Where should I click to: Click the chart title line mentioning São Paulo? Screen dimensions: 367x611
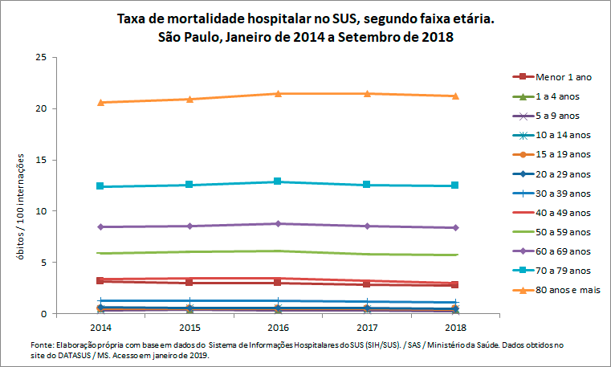tap(305, 37)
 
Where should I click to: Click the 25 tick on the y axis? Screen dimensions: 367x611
tap(40, 57)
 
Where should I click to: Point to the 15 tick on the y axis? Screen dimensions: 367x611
tap(40, 160)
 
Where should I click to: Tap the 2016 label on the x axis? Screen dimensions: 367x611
tap(278, 328)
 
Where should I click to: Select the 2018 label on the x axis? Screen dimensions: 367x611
tap(455, 328)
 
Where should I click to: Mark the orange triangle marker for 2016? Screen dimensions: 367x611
tap(278, 93)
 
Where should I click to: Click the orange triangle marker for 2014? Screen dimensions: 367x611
tap(100, 102)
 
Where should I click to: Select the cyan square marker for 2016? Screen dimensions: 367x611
tap(278, 181)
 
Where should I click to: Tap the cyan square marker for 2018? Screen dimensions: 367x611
tap(455, 186)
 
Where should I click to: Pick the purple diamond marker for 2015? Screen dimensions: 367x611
tap(189, 226)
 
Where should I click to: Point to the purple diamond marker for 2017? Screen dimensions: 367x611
tap(367, 226)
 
